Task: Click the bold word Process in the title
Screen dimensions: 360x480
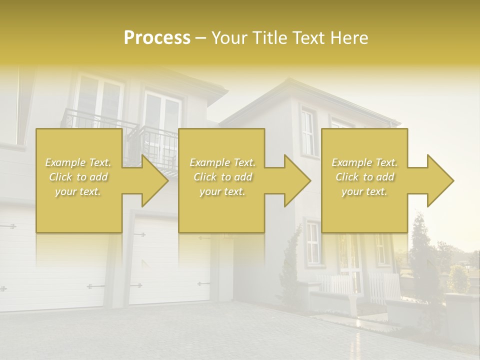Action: pyautogui.click(x=157, y=37)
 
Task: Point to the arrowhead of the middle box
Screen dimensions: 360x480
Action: pyautogui.click(x=296, y=180)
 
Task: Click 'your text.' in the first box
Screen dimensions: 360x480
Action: pyautogui.click(x=78, y=191)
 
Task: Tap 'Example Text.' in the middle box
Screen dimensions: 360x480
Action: pyautogui.click(x=222, y=162)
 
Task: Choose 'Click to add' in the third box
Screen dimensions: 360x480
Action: pyautogui.click(x=364, y=177)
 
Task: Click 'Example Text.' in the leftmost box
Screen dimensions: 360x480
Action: pyautogui.click(x=78, y=162)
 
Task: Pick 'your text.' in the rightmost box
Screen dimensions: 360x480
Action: pyautogui.click(x=364, y=191)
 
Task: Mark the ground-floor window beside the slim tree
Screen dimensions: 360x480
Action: pyautogui.click(x=312, y=244)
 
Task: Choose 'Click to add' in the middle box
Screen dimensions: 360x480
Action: pyautogui.click(x=222, y=177)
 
